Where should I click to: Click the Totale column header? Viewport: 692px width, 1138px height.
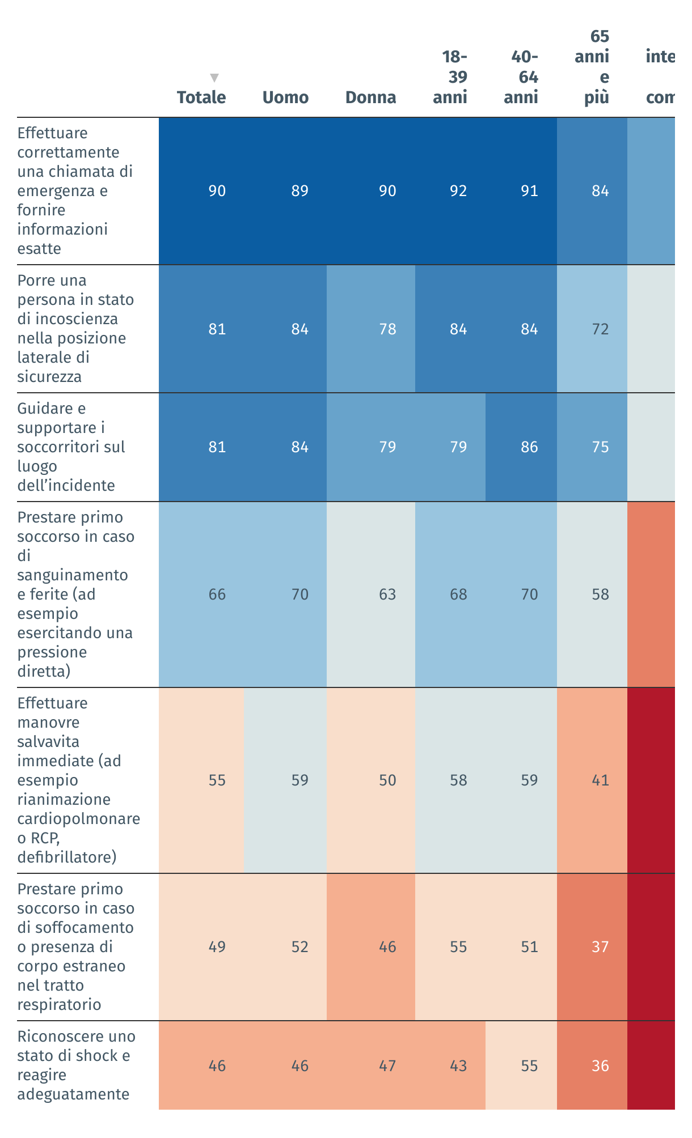click(x=201, y=97)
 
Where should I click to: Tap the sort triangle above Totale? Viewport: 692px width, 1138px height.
click(x=214, y=78)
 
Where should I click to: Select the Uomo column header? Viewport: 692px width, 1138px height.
click(x=285, y=97)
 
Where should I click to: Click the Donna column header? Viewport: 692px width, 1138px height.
click(x=370, y=97)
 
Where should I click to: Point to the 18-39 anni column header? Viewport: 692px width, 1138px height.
click(x=450, y=77)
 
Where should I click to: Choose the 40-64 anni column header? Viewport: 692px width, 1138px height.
click(x=521, y=77)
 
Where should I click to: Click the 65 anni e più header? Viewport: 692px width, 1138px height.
click(x=592, y=67)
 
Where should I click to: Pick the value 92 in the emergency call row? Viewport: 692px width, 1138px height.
click(x=458, y=191)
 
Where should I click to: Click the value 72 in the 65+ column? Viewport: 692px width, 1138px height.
click(x=600, y=329)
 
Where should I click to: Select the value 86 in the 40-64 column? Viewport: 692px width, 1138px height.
click(x=529, y=447)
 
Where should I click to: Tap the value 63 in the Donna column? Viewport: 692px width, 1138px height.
click(x=387, y=595)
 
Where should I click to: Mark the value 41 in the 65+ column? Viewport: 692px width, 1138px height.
click(x=600, y=780)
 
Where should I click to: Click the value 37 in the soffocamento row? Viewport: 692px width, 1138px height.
click(x=600, y=947)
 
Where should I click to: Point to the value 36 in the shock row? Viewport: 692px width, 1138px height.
click(x=600, y=1066)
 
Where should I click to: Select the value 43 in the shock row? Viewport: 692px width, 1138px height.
click(x=458, y=1066)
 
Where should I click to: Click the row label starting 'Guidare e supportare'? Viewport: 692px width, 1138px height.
click(x=71, y=447)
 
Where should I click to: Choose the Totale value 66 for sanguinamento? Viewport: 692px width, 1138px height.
click(x=217, y=595)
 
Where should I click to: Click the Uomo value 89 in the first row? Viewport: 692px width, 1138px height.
click(x=299, y=191)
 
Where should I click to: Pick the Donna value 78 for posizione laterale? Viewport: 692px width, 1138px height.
click(x=387, y=329)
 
